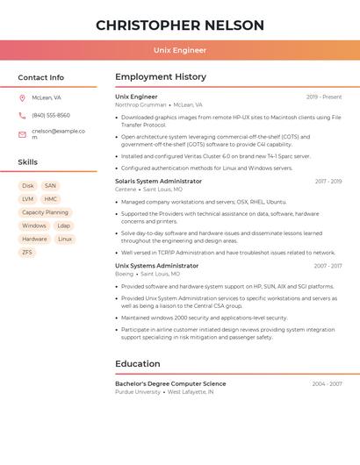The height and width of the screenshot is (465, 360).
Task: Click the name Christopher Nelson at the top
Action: coord(180,25)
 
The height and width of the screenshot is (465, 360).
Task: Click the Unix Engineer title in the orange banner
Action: coord(180,50)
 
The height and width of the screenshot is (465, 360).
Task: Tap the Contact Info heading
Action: coord(41,77)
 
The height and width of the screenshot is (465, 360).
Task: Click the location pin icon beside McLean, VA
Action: coord(22,98)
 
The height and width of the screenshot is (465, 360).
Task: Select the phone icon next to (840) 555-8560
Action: coord(22,116)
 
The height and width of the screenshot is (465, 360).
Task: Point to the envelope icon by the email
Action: coord(22,134)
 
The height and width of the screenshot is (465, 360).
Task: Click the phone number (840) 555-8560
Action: coord(51,116)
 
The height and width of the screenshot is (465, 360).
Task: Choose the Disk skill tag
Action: coord(28,186)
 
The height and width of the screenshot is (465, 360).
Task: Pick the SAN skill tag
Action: coord(50,186)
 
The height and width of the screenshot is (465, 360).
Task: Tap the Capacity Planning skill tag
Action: coord(45,212)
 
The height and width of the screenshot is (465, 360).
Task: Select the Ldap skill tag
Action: coord(63,225)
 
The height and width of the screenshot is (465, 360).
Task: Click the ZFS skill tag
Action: coord(27,252)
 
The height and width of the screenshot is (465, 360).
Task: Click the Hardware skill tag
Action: coord(34,239)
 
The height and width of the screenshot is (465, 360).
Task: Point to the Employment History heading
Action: coord(161,77)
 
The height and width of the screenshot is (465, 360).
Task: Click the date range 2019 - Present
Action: coord(324,97)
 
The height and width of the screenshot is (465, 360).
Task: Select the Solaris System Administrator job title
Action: coord(158,182)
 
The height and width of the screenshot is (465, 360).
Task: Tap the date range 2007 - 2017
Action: coord(328,266)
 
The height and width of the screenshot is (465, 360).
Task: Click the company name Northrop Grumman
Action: coord(140,104)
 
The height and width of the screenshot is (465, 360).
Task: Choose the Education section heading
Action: coord(138,364)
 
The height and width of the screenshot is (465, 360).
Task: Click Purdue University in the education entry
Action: coord(138,392)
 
